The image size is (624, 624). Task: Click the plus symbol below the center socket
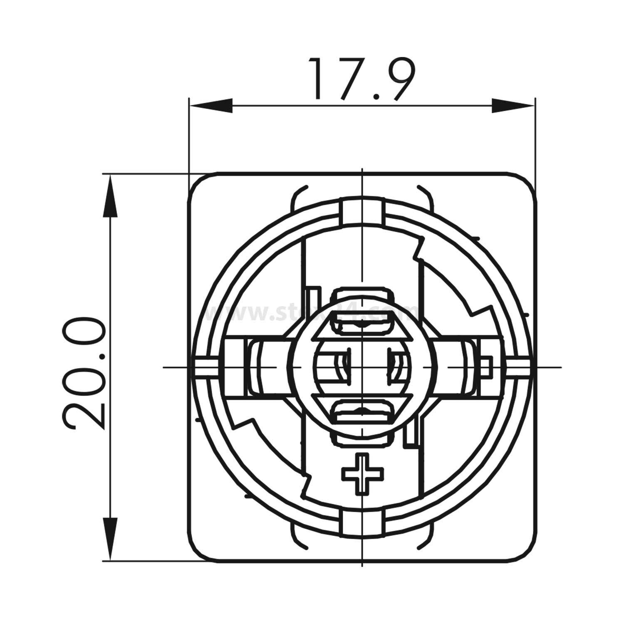point(362,474)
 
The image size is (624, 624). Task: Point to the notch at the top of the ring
point(362,212)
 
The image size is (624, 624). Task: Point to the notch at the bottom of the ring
point(362,522)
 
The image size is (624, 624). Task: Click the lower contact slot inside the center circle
point(362,412)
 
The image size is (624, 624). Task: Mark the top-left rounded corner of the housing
point(200,183)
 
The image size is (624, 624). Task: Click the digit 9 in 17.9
point(399,79)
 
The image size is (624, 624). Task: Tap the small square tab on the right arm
point(485,366)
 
